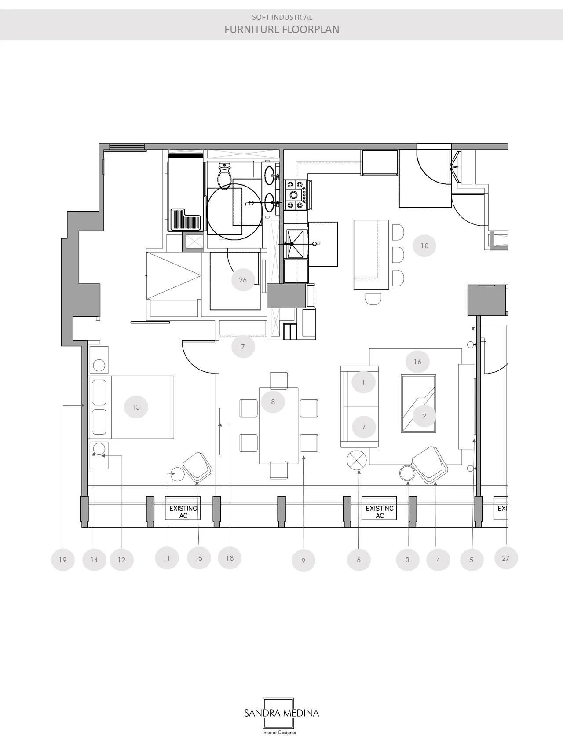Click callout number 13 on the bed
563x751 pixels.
tap(136, 407)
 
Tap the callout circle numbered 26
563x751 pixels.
tap(243, 280)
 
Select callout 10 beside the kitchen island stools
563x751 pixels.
tap(424, 245)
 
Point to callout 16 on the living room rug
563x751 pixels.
tap(417, 362)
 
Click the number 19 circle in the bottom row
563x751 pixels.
tap(62, 560)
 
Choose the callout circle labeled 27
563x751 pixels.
tap(506, 558)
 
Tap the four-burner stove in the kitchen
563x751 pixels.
tap(296, 194)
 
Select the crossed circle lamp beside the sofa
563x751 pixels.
tap(357, 461)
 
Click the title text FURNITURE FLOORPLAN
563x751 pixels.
tap(282, 29)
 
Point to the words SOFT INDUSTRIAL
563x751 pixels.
tap(282, 17)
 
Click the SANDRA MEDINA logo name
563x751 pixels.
tap(281, 713)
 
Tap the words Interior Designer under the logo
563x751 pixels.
tap(279, 733)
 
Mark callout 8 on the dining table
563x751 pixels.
tap(273, 402)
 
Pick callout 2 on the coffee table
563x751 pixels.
tap(424, 416)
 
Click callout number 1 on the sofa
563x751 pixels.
tap(363, 382)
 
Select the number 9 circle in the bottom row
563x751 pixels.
tap(303, 561)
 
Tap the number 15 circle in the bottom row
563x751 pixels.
tap(199, 558)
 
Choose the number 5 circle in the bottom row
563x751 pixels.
tap(472, 560)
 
